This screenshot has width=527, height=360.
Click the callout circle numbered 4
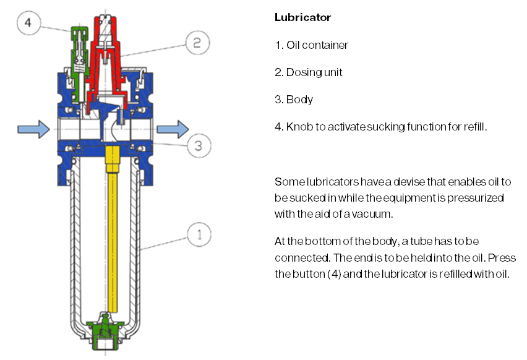point(28,24)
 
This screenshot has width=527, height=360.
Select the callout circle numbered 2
point(197,43)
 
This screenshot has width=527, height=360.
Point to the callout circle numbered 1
point(199,235)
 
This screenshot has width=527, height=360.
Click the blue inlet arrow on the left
point(34,129)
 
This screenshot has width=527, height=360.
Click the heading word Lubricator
point(302,17)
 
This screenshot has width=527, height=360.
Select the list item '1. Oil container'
point(311,45)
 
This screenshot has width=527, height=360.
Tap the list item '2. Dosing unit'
point(309,72)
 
